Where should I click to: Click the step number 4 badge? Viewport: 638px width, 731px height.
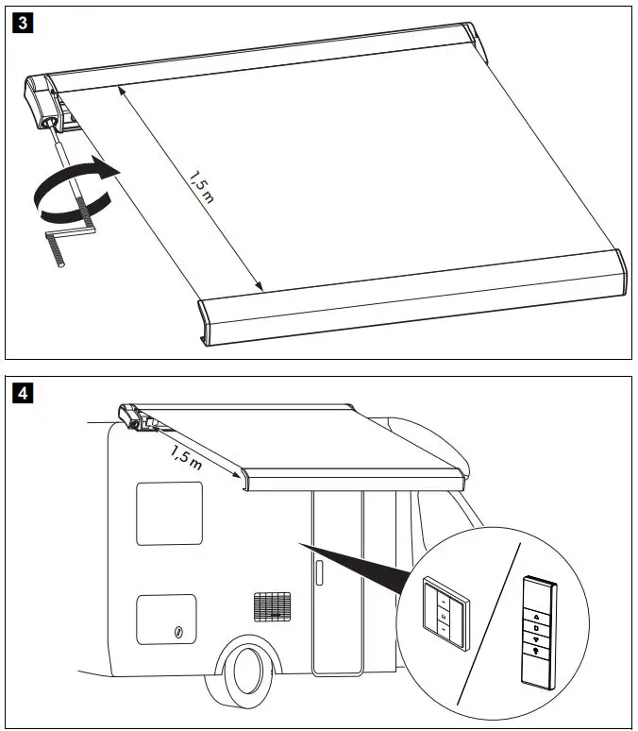point(20,390)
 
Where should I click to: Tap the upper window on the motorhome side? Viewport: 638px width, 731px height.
point(169,513)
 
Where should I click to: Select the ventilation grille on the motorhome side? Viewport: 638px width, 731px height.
point(273,606)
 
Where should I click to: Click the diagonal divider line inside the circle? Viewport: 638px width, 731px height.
point(492,624)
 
